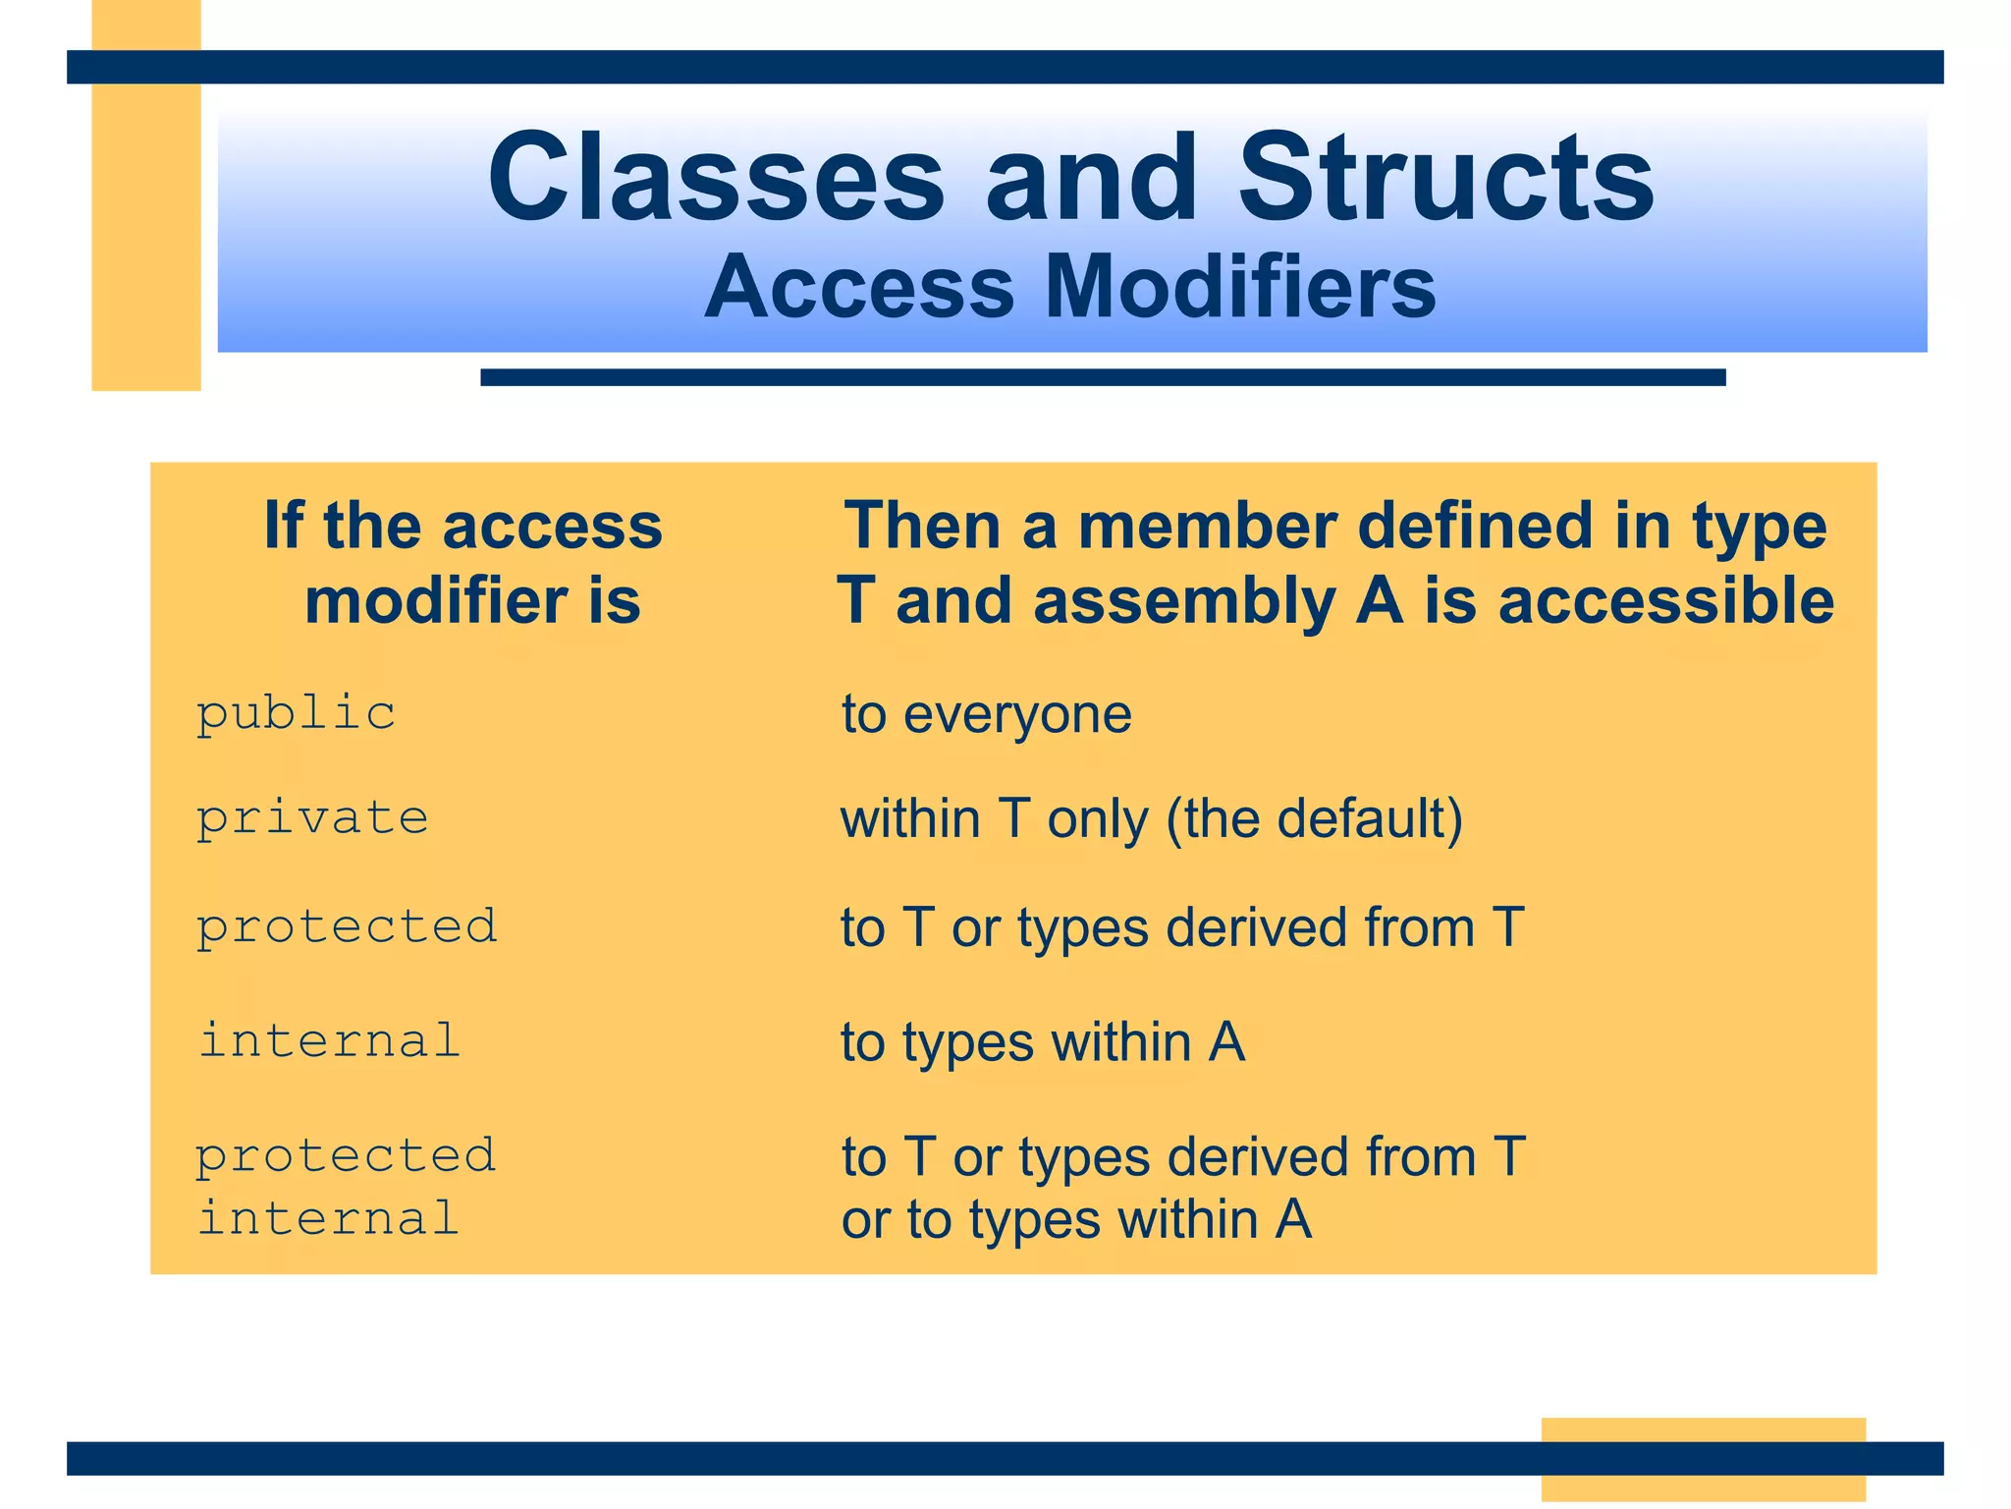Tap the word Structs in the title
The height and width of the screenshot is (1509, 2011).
coord(1445,179)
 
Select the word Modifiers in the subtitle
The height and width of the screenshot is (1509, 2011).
coord(1240,287)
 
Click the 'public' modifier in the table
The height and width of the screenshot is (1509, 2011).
coord(296,713)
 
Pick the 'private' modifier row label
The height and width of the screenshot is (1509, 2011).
coord(312,818)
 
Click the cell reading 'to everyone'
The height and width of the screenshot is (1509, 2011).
coord(986,713)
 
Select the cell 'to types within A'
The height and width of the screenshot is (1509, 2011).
coord(1042,1041)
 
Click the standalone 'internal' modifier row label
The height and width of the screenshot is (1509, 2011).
coord(329,1040)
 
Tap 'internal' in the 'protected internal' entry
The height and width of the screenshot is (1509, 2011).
coord(329,1218)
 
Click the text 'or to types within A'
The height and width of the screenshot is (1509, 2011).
coord(1076,1219)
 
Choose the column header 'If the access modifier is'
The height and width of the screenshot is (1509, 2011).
coord(464,563)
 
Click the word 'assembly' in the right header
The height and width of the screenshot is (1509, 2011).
coord(1184,601)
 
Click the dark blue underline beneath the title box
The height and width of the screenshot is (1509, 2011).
coord(1102,377)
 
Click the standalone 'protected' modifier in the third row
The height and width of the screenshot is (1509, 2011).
coord(347,926)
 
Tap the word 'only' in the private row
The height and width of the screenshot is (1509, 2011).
coord(1097,818)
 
